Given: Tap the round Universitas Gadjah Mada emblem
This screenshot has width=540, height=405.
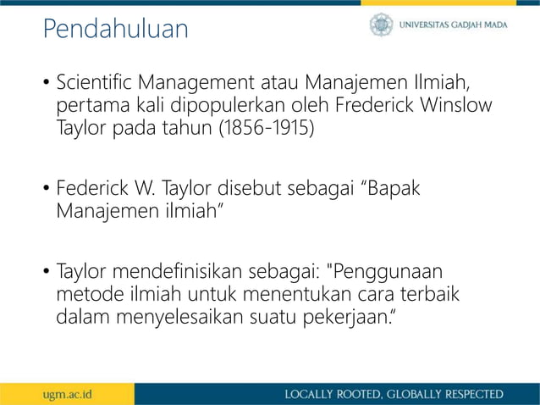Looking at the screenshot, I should (x=381, y=25).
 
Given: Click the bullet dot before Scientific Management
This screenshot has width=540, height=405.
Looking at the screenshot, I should (x=47, y=86).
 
